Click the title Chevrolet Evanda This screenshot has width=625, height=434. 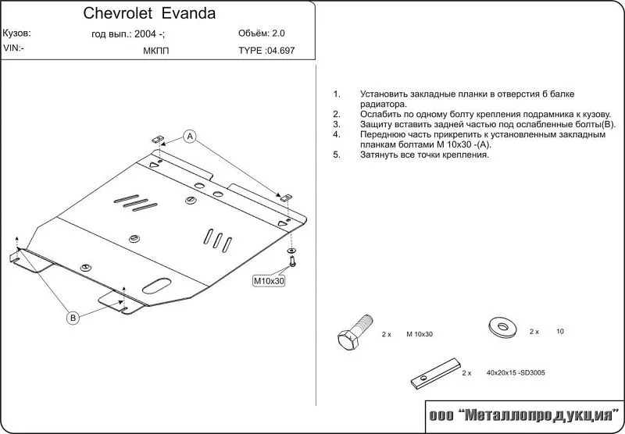pyautogui.click(x=149, y=13)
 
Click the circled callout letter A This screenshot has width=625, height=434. pyautogui.click(x=190, y=136)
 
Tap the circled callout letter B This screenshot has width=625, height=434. pyautogui.click(x=73, y=318)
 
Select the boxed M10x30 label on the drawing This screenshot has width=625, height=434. pyautogui.click(x=269, y=281)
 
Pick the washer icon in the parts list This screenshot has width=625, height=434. pyautogui.click(x=502, y=326)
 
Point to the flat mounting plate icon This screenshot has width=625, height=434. pyautogui.click(x=436, y=372)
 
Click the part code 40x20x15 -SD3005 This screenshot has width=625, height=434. pyautogui.click(x=516, y=373)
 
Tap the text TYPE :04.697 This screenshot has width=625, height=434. pyautogui.click(x=266, y=51)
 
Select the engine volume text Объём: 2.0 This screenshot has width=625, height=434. pyautogui.click(x=262, y=34)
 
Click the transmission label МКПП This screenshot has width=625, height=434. pyautogui.click(x=155, y=52)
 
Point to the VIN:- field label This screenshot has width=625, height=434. pyautogui.click(x=13, y=48)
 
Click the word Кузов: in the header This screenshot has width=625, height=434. pyautogui.click(x=16, y=34)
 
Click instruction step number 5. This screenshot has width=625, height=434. pyautogui.click(x=337, y=155)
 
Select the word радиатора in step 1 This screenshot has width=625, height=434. pyautogui.click(x=384, y=105)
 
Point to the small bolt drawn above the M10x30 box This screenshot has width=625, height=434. pyautogui.click(x=293, y=261)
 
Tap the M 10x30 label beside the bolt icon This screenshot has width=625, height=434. pyautogui.click(x=420, y=334)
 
